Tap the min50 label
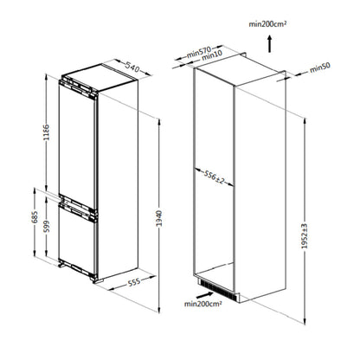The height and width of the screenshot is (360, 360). [x=320, y=67]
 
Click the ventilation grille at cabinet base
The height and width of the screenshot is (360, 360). [x=217, y=285]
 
